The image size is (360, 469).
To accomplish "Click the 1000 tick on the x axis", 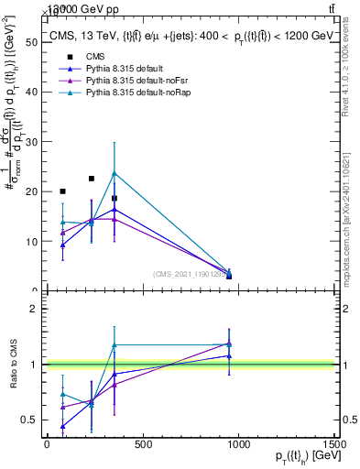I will [x=239, y=444].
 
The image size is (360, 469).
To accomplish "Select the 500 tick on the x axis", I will [x=142, y=444].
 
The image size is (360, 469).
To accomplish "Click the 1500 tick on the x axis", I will [x=335, y=444].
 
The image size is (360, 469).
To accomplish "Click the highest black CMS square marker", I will [x=91, y=179].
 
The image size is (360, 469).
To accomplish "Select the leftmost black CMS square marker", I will [x=62, y=191].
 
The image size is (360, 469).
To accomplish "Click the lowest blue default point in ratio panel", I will [x=62, y=426].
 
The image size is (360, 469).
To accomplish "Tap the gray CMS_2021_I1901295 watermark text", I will [x=191, y=274].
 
